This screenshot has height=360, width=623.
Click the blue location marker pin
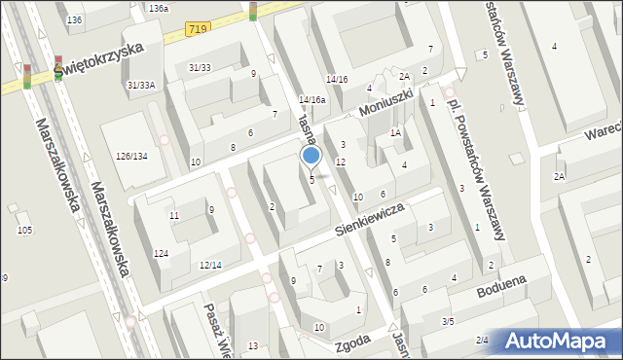pyautogui.click(x=311, y=157)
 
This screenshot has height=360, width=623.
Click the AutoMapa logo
pyautogui.click(x=557, y=341)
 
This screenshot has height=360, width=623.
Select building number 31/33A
pyautogui.click(x=141, y=85)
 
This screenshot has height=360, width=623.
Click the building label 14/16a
pyautogui.click(x=312, y=99)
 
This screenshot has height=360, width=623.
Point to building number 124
pyautogui.click(x=161, y=253)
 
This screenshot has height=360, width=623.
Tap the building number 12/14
pyautogui.click(x=210, y=265)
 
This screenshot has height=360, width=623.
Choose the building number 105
pyautogui.click(x=24, y=230)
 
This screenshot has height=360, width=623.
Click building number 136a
pyautogui.click(x=159, y=8)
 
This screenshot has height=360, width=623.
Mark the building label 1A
pyautogui.click(x=395, y=132)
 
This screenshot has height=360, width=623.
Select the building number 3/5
pyautogui.click(x=448, y=321)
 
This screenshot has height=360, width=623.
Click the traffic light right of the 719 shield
pyautogui.click(x=253, y=11)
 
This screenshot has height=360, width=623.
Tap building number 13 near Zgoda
pyautogui.click(x=253, y=345)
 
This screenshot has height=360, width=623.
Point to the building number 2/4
pyautogui.click(x=482, y=339)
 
